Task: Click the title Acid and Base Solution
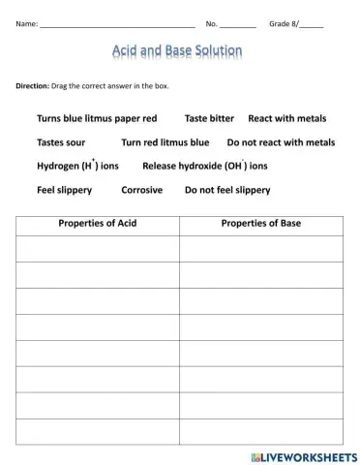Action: pos(178,49)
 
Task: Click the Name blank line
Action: pos(117,22)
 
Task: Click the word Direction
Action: pos(34,86)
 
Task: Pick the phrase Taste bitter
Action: pos(209,118)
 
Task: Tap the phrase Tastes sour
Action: pos(61,142)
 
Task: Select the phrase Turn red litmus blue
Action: pos(165,142)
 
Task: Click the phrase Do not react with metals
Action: pos(281,142)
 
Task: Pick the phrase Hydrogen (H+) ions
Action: pos(77,166)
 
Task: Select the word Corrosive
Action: pos(141,190)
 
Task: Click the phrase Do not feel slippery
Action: pos(227,190)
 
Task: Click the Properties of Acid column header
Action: pos(98,224)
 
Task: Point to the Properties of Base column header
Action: pos(260,224)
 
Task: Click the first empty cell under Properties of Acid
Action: pos(98,249)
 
